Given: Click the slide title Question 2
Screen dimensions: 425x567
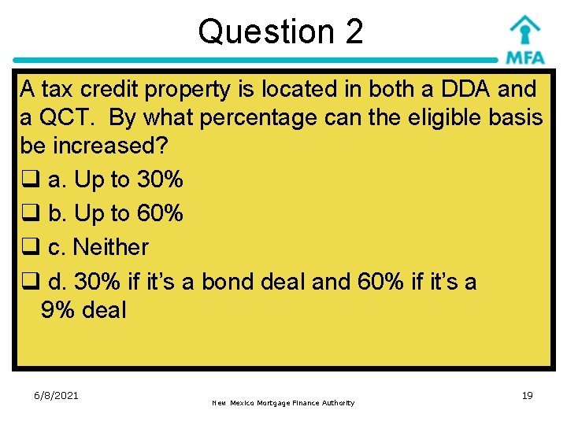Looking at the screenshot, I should point(280,31).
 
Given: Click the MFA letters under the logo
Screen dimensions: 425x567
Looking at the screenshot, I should point(524,58).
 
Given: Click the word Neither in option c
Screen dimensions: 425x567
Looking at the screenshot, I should point(110,247).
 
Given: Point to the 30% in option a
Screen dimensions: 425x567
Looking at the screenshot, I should point(160,180).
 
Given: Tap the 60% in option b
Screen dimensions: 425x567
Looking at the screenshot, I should point(160,213).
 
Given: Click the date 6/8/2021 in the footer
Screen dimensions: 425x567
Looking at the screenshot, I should point(57,395).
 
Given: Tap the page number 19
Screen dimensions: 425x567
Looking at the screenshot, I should point(527,395).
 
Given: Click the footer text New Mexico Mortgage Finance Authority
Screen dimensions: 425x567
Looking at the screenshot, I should point(283,403).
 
